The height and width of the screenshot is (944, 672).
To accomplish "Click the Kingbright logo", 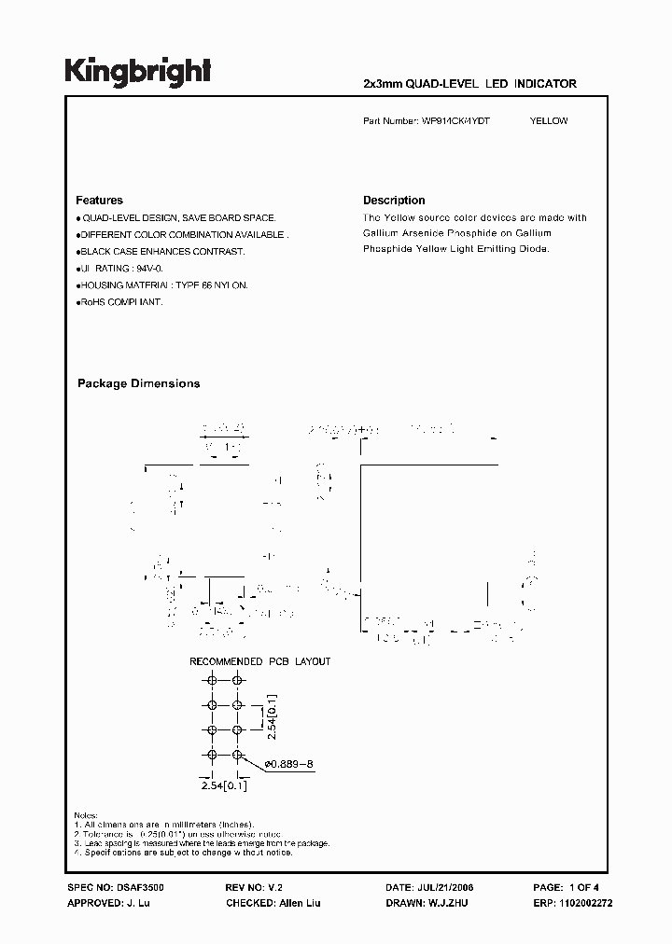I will tap(138, 72).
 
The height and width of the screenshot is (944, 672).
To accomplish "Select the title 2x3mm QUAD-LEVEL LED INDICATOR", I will tap(469, 84).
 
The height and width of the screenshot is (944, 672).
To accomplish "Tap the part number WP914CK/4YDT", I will tap(456, 121).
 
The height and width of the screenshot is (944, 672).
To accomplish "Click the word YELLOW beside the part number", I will tap(549, 121).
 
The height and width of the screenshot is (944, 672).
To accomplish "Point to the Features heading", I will tap(99, 201).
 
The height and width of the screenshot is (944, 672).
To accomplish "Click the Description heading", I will tap(394, 201).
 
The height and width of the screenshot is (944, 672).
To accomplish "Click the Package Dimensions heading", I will tap(138, 383).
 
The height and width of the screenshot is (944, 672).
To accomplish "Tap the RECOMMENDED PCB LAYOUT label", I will tap(260, 661).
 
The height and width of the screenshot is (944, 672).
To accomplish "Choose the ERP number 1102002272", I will tap(586, 904).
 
